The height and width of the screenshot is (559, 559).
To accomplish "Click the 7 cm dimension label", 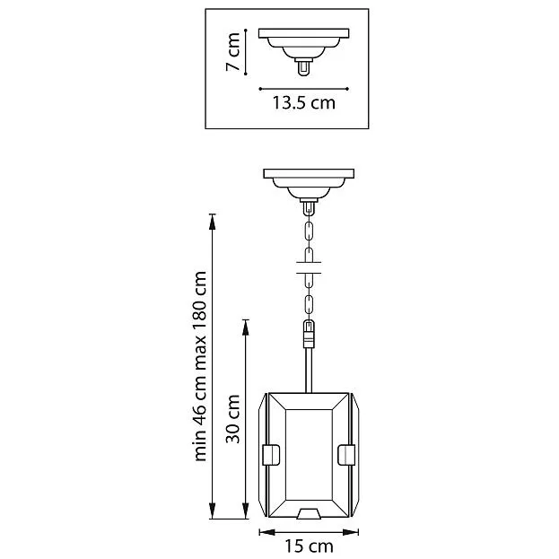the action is tap(232, 52).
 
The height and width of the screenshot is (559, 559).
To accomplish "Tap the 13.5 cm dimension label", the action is tap(304, 102).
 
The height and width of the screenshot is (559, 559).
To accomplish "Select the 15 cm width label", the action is tap(309, 546).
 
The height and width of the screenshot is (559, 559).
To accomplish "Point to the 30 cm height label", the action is tap(232, 418).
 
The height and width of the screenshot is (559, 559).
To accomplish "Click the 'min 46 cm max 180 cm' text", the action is tap(200, 366).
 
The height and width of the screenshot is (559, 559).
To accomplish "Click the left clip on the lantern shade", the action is tap(271, 455).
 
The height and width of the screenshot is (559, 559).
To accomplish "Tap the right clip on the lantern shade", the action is tap(346, 455).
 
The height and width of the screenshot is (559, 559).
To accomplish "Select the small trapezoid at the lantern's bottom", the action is tap(309, 513).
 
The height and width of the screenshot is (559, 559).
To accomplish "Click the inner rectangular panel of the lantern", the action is tap(309, 455).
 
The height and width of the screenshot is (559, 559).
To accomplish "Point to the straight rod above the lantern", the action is tap(309, 370).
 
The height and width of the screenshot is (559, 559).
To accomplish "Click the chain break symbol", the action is tap(309, 267).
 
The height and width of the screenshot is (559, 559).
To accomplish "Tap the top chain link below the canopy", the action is tap(309, 231).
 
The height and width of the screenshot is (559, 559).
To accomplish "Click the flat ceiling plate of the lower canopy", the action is tap(309, 173).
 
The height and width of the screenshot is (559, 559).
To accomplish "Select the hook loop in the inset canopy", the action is tap(304, 68).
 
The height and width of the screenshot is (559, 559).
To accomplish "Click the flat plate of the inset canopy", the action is tap(304, 33).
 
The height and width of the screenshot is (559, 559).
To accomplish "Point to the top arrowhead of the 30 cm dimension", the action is tap(245, 328).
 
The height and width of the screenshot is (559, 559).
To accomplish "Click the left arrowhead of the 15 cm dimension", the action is tap(267, 532).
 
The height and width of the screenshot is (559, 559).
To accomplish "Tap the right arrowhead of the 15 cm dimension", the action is tap(351, 532).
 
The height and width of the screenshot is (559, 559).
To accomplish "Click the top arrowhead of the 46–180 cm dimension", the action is tap(212, 222).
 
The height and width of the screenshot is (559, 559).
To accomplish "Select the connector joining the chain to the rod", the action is tap(309, 334).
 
